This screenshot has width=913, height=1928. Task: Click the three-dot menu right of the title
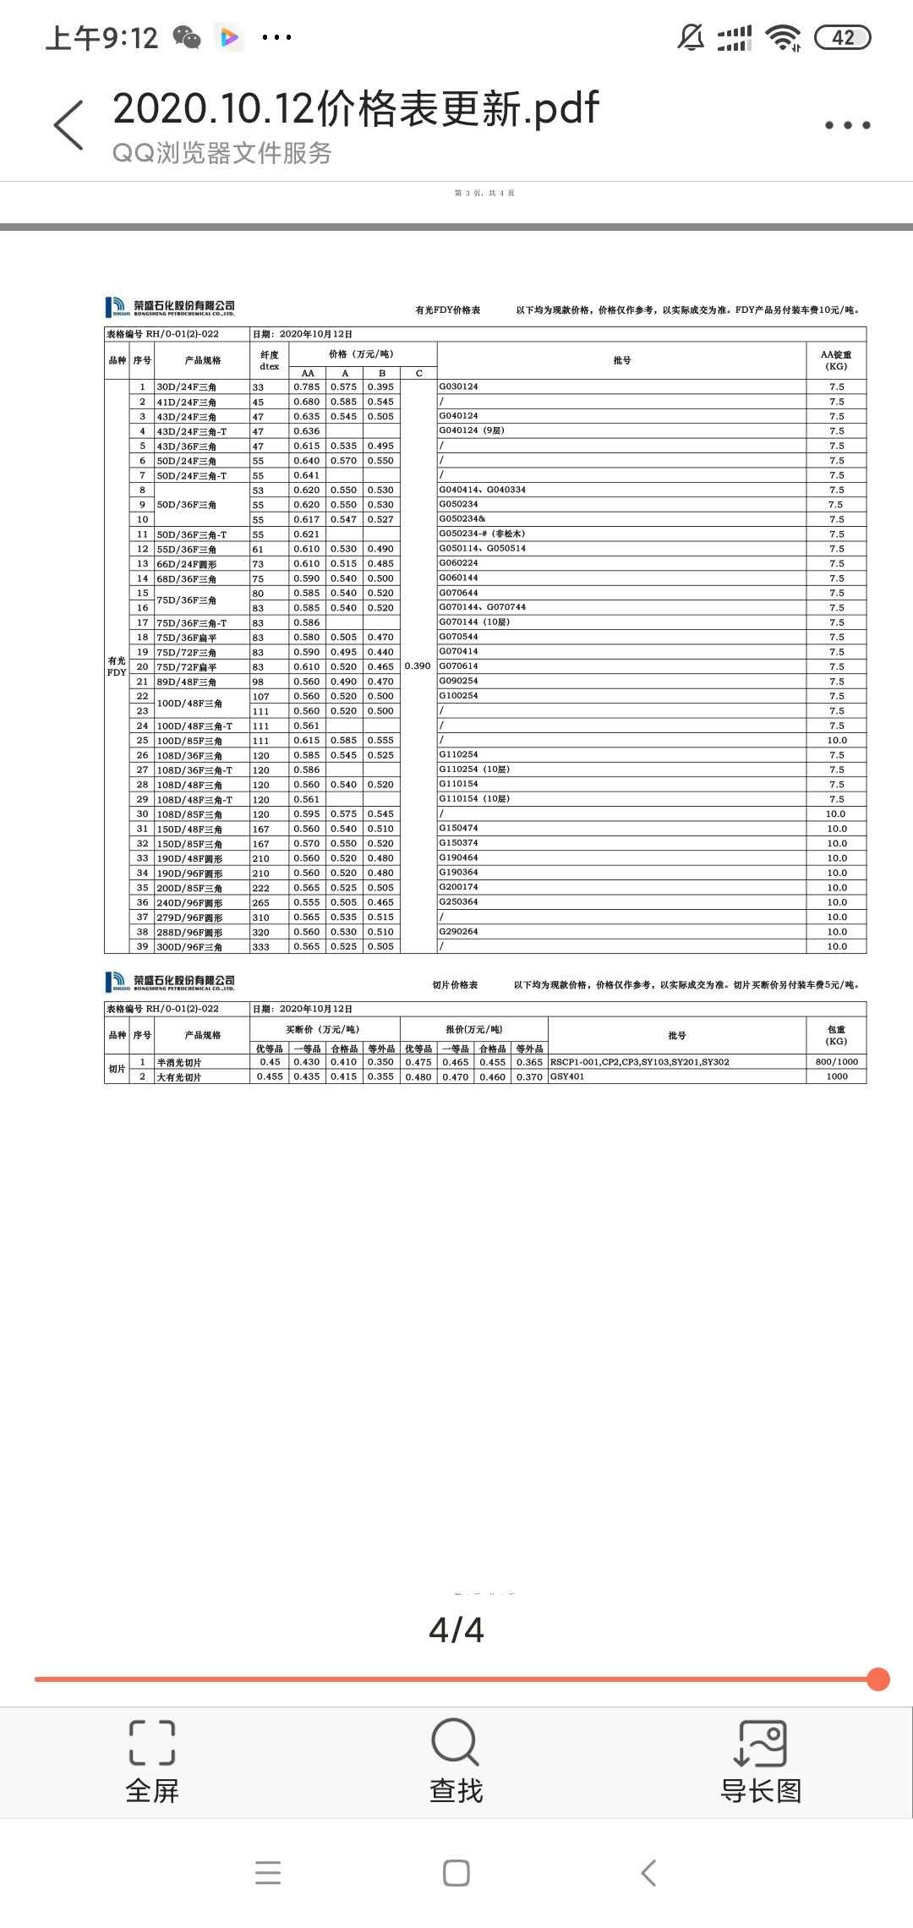pos(847,125)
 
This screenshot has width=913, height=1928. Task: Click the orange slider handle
pos(878,1679)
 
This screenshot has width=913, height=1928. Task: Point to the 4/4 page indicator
pos(456,1629)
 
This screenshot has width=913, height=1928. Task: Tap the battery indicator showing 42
pos(842,37)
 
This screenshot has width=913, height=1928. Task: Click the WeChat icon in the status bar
pos(187,37)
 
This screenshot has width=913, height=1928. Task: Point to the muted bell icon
pos(691,37)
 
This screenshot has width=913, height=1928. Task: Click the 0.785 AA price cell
pos(307,386)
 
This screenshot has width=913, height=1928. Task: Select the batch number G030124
pos(458,386)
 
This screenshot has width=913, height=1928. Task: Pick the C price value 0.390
pos(418,665)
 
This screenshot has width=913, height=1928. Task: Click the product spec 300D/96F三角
pos(189,947)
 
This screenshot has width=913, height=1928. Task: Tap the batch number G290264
pos(458,932)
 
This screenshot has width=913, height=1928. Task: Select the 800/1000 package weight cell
pos(836,1062)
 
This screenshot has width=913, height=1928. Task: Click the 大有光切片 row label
pos(179,1077)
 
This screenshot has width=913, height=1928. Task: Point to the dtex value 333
pos(260,947)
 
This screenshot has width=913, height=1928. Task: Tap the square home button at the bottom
pos(456,1873)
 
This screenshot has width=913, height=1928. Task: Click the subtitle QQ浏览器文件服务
pos(221,153)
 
